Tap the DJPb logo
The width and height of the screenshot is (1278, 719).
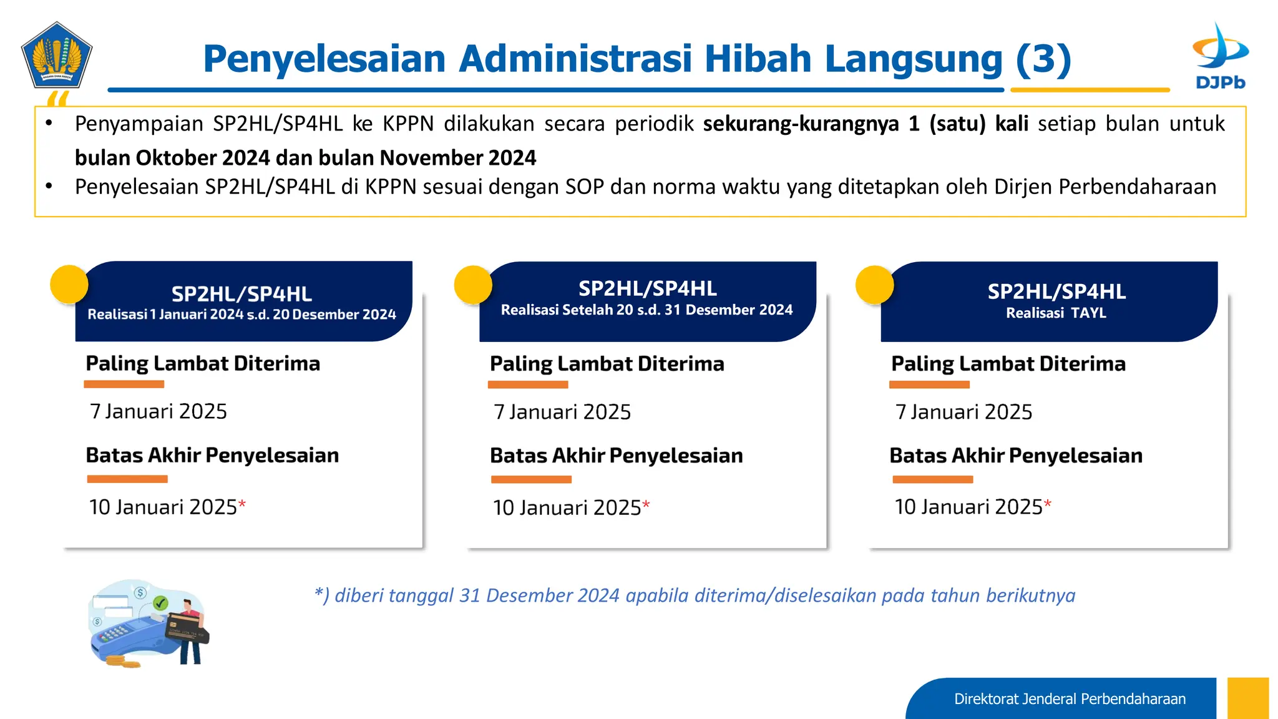(1220, 56)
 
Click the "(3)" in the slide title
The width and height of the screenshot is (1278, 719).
(1043, 59)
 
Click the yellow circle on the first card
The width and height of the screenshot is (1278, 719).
(69, 285)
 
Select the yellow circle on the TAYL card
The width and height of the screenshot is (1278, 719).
(874, 285)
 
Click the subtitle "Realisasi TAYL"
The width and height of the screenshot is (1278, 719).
(1056, 313)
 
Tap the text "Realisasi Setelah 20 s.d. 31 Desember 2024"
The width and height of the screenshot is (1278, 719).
(646, 310)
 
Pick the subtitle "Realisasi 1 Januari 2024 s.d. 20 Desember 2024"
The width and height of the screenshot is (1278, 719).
(241, 315)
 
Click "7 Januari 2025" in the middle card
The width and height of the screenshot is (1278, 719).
(562, 412)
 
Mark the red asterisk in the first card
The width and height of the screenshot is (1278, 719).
(242, 503)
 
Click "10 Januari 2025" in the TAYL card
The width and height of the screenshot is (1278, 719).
(968, 507)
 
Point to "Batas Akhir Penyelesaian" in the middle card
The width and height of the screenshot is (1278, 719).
(616, 456)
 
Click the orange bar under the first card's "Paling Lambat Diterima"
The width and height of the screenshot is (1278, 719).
(124, 384)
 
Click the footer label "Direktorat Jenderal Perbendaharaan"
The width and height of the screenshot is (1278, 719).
(1070, 699)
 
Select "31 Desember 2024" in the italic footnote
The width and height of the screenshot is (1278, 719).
(539, 595)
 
